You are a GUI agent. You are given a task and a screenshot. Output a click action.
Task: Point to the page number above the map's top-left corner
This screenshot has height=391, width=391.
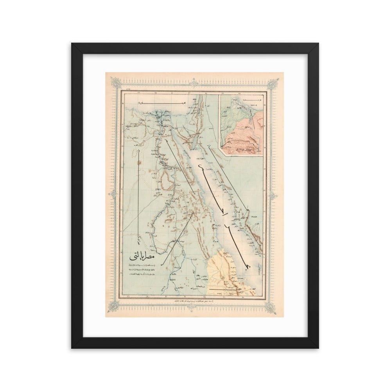pyautogui.click(x=128, y=89)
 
